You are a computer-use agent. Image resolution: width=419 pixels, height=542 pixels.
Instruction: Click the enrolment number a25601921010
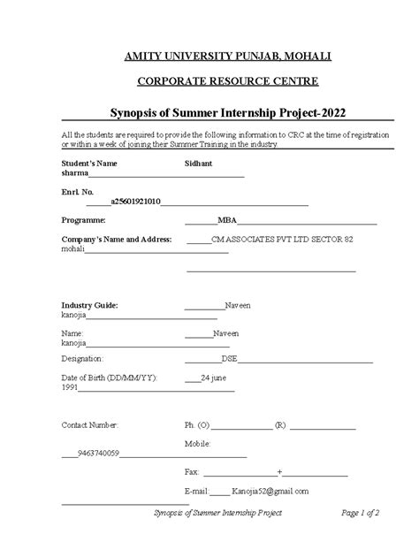(136, 202)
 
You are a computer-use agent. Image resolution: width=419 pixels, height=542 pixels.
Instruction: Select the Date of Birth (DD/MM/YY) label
(110, 378)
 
